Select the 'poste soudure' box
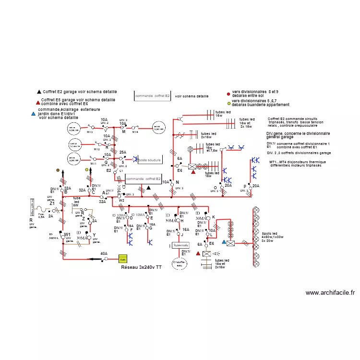149,159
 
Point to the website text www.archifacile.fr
330,293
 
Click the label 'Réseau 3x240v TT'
142,267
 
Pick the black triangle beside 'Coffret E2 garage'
39,91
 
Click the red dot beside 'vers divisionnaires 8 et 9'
228,95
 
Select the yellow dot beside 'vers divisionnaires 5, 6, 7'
228,103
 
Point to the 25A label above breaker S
122,152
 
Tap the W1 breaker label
67,235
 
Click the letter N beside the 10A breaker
177,182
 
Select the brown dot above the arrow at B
58,170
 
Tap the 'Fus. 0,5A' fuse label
41,216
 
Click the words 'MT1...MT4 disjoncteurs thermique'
298,162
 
